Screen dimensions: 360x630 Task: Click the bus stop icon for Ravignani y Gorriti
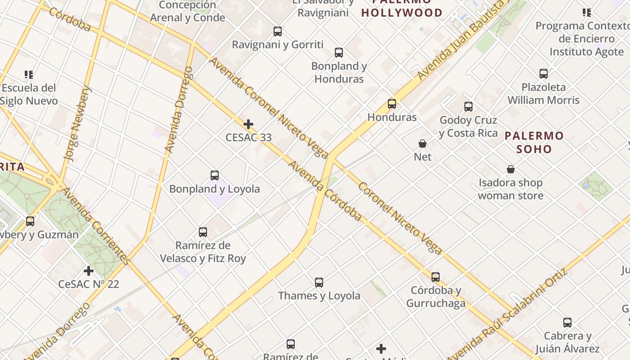pos(278,31)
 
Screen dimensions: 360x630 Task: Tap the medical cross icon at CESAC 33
pos(248,124)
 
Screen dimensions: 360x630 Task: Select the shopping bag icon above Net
pos(423,144)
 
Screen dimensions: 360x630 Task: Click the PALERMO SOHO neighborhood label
pos(534,142)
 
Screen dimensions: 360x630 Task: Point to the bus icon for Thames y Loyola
pos(319,283)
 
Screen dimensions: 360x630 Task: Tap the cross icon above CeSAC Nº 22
pos(89,271)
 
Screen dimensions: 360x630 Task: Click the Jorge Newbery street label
pos(77,123)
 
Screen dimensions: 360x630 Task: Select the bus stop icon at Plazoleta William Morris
pos(544,74)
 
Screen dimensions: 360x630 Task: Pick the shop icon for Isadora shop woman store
pos(511,170)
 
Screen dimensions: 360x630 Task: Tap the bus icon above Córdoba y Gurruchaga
pos(436,277)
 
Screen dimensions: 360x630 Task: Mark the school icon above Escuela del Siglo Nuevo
pos(29,74)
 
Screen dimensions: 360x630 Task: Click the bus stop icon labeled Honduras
pos(392,104)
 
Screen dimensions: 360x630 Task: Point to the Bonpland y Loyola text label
pos(215,189)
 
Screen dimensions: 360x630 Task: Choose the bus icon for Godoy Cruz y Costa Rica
pos(468,107)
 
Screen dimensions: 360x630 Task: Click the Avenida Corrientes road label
pos(95,226)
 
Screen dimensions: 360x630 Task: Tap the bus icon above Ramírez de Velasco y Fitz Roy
pos(203,232)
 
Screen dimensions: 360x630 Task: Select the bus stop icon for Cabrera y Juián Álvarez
pos(567,323)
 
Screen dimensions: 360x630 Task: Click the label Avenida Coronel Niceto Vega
pos(269,108)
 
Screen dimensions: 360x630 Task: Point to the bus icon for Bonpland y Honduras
pos(339,53)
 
